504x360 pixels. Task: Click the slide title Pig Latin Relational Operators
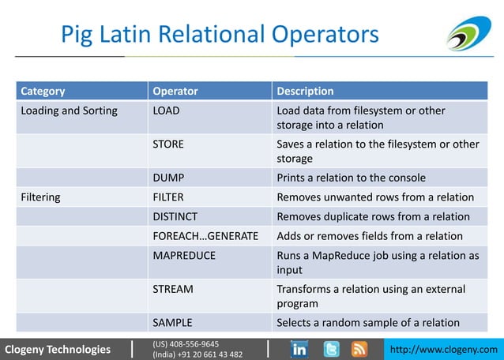(x=220, y=35)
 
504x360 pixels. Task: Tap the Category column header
(x=43, y=91)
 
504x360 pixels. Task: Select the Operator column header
(x=175, y=91)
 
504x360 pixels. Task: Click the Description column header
(x=305, y=91)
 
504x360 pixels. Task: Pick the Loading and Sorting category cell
(x=69, y=111)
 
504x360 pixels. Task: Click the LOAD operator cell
(x=166, y=111)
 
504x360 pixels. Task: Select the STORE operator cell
(x=168, y=144)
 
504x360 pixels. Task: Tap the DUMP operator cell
(x=168, y=178)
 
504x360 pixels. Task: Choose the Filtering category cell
(x=40, y=197)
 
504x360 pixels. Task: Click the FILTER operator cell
(x=169, y=197)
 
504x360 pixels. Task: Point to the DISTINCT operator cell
(x=175, y=216)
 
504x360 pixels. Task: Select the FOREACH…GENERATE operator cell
(x=205, y=236)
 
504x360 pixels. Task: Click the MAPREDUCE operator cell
(x=184, y=256)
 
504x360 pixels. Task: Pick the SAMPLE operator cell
(x=172, y=322)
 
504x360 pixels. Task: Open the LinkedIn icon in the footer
(x=300, y=349)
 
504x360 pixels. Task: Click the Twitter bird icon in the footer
(x=331, y=349)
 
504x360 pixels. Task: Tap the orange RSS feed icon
(x=359, y=349)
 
